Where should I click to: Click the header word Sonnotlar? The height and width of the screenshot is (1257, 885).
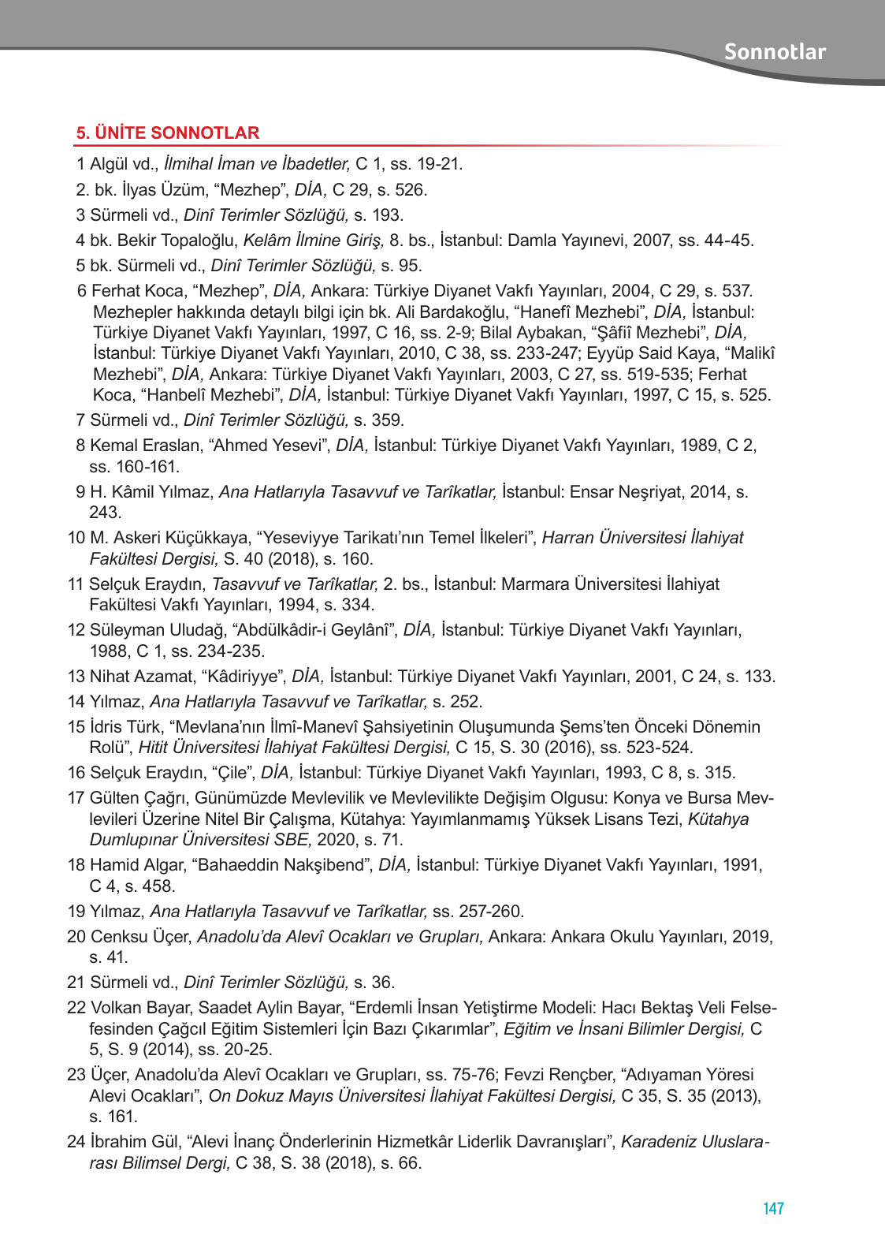click(x=775, y=52)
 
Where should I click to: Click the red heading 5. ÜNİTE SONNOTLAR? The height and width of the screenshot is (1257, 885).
click(x=168, y=133)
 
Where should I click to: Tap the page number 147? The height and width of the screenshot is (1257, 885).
click(x=773, y=1208)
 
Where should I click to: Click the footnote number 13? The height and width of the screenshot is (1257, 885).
click(x=76, y=677)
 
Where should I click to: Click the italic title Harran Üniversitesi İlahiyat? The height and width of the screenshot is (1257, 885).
click(x=642, y=538)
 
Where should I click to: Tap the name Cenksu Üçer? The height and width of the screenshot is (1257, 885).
click(x=141, y=937)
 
